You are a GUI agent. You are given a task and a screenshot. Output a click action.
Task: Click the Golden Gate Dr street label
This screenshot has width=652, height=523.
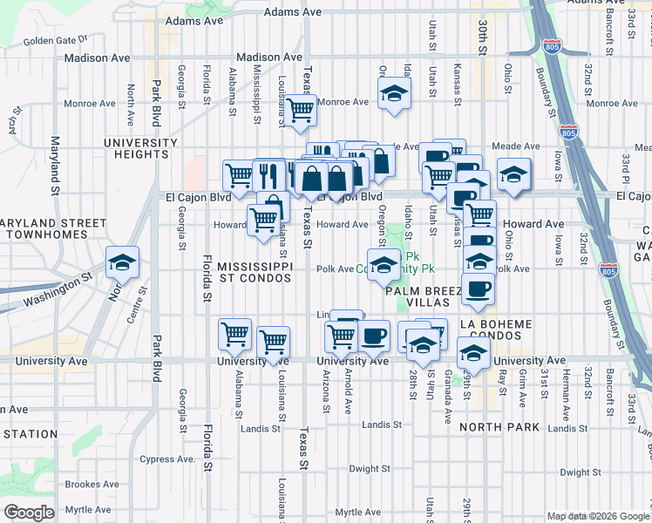point(55,40)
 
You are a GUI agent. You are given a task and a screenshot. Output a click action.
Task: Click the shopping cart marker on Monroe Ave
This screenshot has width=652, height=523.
point(300,111)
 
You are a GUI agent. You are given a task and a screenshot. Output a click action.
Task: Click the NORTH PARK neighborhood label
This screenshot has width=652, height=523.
point(499,427)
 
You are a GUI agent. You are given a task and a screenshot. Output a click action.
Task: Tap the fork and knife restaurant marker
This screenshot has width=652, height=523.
point(268,175)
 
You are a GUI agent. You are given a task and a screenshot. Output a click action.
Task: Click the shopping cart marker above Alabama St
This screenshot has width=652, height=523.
point(235,334)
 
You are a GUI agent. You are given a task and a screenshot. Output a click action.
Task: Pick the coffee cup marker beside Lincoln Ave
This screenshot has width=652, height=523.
point(374,335)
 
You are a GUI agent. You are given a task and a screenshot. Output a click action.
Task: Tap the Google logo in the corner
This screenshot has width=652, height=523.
point(29,513)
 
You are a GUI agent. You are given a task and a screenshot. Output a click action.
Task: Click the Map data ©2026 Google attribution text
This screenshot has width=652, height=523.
point(596,516)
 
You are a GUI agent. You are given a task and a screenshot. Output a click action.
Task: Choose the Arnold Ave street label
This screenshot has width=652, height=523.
point(347,391)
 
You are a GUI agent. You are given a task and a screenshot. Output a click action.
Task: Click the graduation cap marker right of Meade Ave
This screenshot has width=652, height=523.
point(513,174)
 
